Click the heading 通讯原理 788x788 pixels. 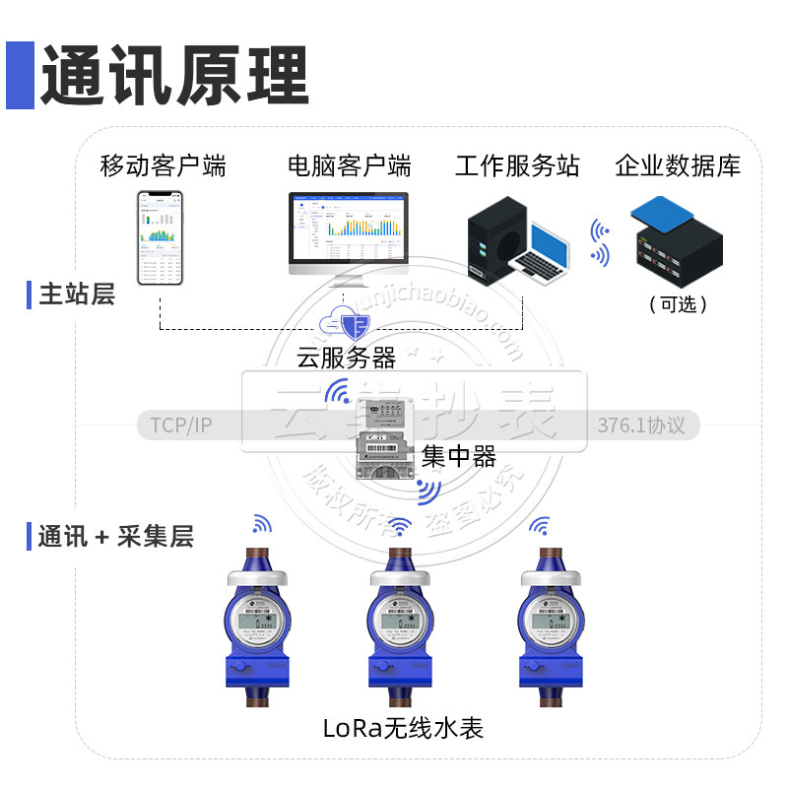174,76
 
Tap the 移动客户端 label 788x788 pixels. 164,165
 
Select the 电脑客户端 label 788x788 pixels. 350,165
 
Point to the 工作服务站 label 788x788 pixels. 517,165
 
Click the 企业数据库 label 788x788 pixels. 678,165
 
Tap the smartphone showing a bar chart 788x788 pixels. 161,237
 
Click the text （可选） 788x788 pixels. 679,304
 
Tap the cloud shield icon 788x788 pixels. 346,322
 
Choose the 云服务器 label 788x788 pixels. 346,357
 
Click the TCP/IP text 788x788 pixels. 181,426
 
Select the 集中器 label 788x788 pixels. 458,456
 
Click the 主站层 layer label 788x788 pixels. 77,294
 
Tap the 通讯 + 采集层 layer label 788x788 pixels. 115,537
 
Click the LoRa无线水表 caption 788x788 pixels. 403,729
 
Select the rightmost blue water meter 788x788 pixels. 546,625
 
